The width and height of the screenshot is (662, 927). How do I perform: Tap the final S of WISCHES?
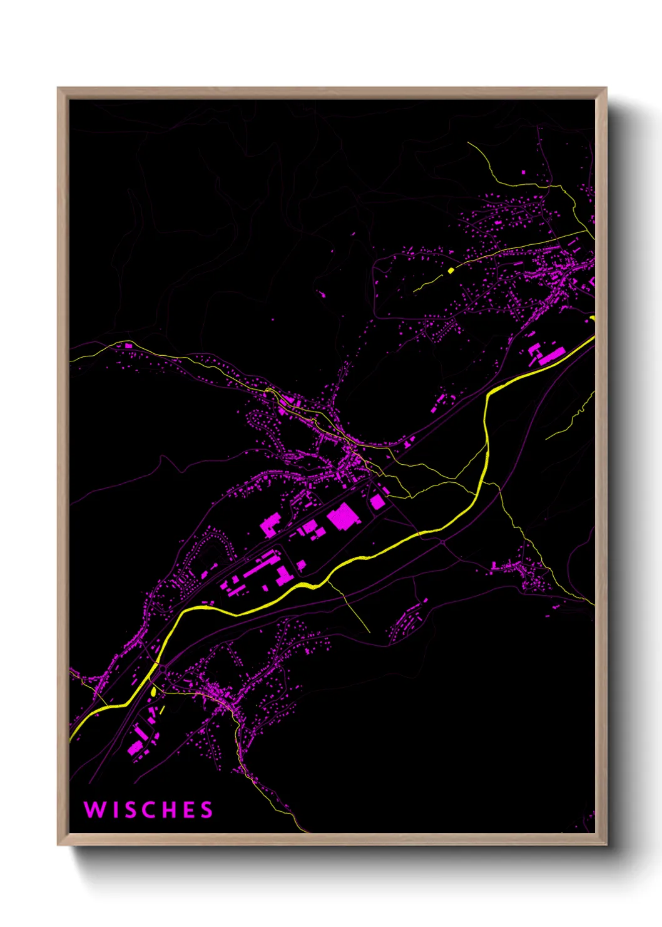point(206,810)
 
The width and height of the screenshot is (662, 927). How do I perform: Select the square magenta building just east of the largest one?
point(377,502)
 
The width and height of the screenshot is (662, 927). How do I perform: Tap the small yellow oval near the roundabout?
point(153,691)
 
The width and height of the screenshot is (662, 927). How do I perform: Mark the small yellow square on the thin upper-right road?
point(451,271)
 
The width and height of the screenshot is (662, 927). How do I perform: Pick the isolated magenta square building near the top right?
point(524,171)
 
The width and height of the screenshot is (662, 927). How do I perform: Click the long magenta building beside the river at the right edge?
point(551,356)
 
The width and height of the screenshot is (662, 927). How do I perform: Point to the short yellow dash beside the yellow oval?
point(162,710)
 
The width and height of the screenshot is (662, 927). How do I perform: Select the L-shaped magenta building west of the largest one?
point(271,524)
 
